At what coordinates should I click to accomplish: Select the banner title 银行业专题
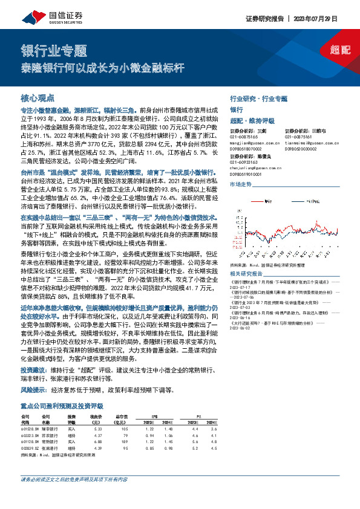tap(54, 50)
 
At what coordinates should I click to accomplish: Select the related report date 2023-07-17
tap(245, 287)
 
